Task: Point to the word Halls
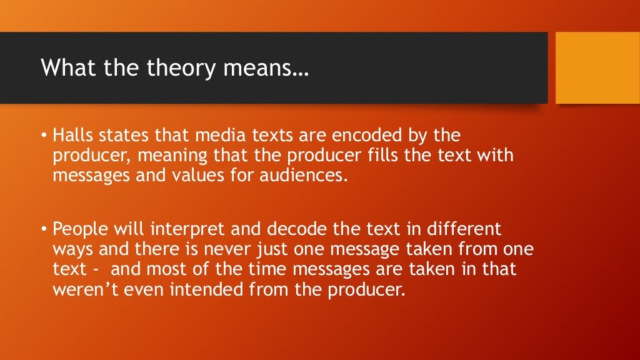(72, 136)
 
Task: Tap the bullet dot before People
(44, 230)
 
